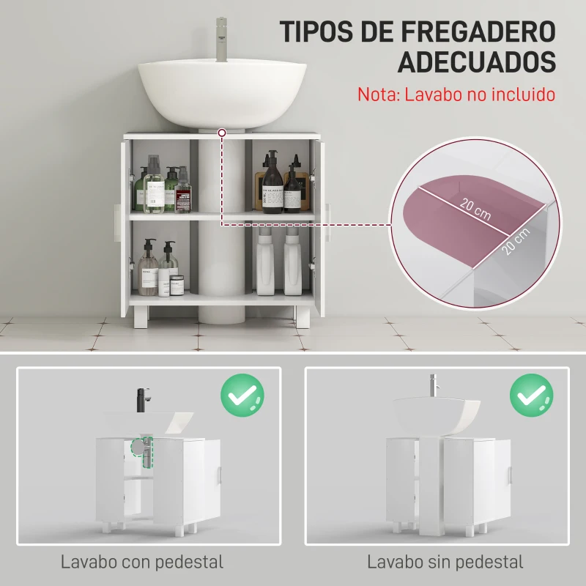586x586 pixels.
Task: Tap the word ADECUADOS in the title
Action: point(477,62)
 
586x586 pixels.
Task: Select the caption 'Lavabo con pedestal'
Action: point(142,563)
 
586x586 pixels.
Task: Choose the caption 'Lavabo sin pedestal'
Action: point(445,563)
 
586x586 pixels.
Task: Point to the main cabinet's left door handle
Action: point(115,223)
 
